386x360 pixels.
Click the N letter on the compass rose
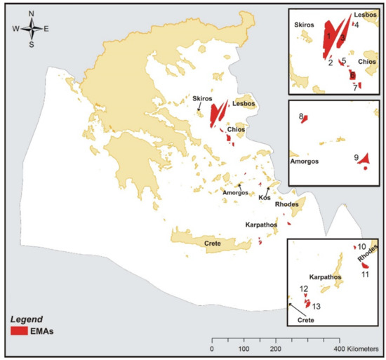tap(32, 13)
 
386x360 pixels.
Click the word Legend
tap(27, 318)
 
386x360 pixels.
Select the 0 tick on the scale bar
tap(212, 349)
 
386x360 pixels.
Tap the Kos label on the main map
tap(265, 198)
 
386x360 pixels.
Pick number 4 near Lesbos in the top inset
tap(357, 25)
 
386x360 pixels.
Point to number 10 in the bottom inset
tap(362, 247)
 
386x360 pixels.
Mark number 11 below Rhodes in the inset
tap(365, 274)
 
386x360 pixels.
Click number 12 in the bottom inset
tap(304, 288)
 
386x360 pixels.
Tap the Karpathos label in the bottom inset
tap(325, 277)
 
